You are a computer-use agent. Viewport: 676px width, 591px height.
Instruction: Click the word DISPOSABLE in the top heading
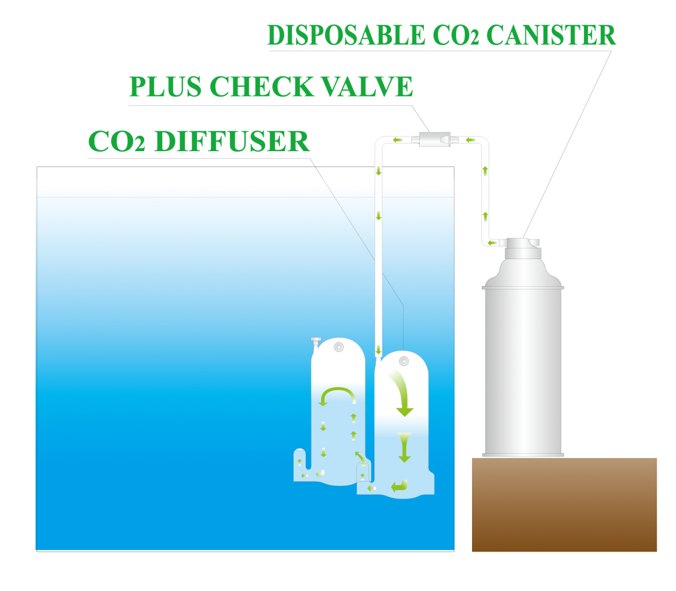(345, 35)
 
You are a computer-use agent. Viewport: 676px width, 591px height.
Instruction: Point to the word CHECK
(262, 87)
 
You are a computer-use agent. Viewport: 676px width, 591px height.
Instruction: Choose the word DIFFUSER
(232, 141)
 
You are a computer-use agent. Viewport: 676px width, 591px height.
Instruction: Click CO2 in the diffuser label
(117, 141)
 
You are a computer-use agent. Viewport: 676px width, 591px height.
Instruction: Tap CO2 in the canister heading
(456, 35)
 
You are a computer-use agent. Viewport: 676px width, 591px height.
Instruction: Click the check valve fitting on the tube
(435, 139)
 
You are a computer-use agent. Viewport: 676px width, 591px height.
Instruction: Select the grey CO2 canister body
(523, 369)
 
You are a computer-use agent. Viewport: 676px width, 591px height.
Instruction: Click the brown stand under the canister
(564, 505)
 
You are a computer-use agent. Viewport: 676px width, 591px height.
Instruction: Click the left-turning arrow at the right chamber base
(400, 486)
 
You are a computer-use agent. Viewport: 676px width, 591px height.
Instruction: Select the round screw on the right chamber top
(404, 361)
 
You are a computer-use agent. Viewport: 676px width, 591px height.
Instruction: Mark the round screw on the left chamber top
(338, 347)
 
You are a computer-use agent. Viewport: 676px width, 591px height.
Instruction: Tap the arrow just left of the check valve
(397, 140)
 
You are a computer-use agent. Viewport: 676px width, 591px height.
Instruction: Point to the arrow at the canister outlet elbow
(492, 242)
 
